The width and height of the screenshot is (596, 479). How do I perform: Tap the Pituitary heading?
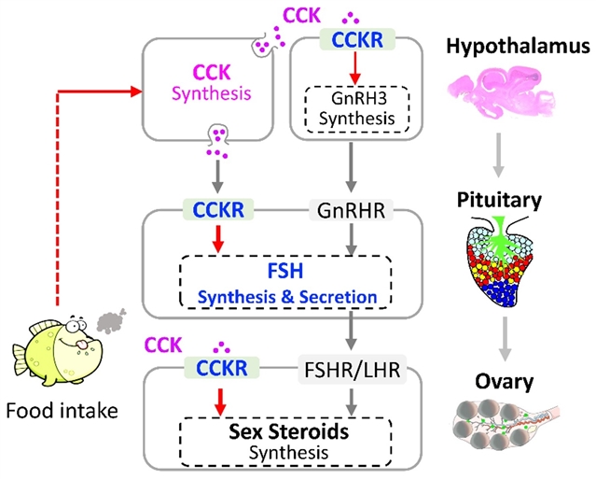(x=502, y=200)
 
